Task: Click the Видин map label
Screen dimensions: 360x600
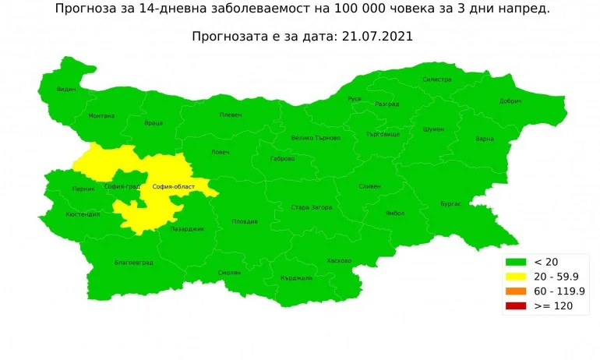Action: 66,90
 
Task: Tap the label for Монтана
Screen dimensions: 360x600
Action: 101,116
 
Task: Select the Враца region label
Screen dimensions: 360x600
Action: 154,123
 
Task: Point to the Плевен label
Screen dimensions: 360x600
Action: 231,115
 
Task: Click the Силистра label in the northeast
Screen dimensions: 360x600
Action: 436,79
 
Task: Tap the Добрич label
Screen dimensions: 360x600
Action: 510,101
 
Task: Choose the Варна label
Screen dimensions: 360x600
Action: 484,139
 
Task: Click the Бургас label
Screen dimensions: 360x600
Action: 451,203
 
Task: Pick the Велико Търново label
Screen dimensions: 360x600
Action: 316,138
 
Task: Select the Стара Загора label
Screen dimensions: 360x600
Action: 311,207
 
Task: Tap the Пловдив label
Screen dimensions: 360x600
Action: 245,222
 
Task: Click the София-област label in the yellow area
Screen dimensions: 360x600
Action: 173,187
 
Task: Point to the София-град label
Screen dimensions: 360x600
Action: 122,187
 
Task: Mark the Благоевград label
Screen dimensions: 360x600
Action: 133,263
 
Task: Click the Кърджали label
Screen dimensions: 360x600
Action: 296,278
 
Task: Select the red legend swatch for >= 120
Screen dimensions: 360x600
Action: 515,307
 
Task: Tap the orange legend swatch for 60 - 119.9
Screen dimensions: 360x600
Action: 515,291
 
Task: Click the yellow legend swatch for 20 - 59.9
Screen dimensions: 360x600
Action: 515,276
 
